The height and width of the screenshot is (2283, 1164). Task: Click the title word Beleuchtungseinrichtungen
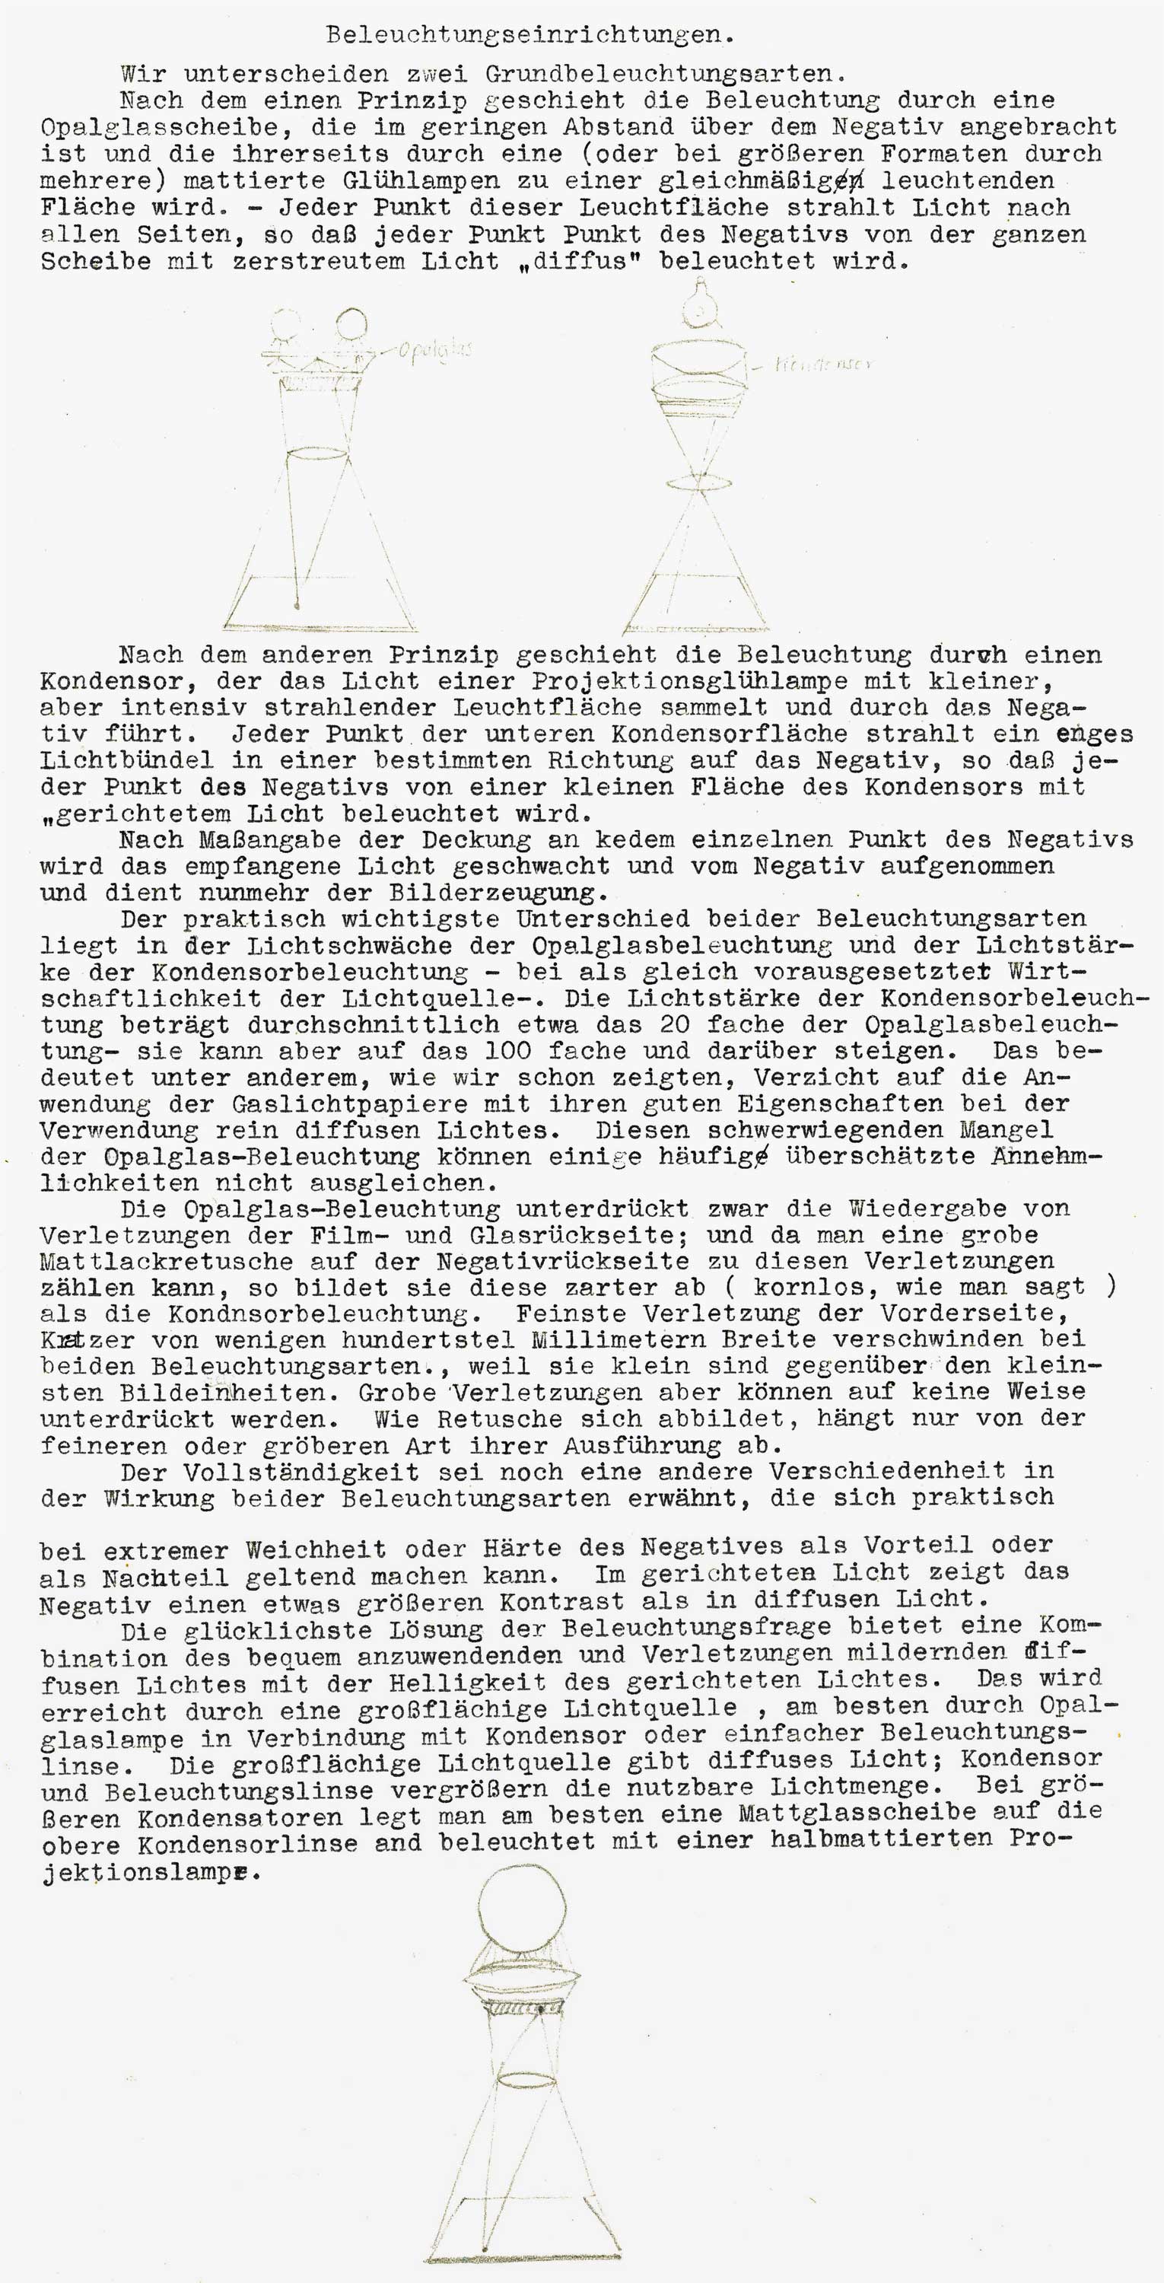pos(530,36)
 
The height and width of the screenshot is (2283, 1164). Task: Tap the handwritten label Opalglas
pos(434,349)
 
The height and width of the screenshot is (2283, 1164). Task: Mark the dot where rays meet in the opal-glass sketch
pos(297,607)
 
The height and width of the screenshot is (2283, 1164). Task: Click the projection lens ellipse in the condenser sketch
pos(699,484)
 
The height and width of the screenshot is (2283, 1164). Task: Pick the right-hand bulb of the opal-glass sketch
pos(351,323)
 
